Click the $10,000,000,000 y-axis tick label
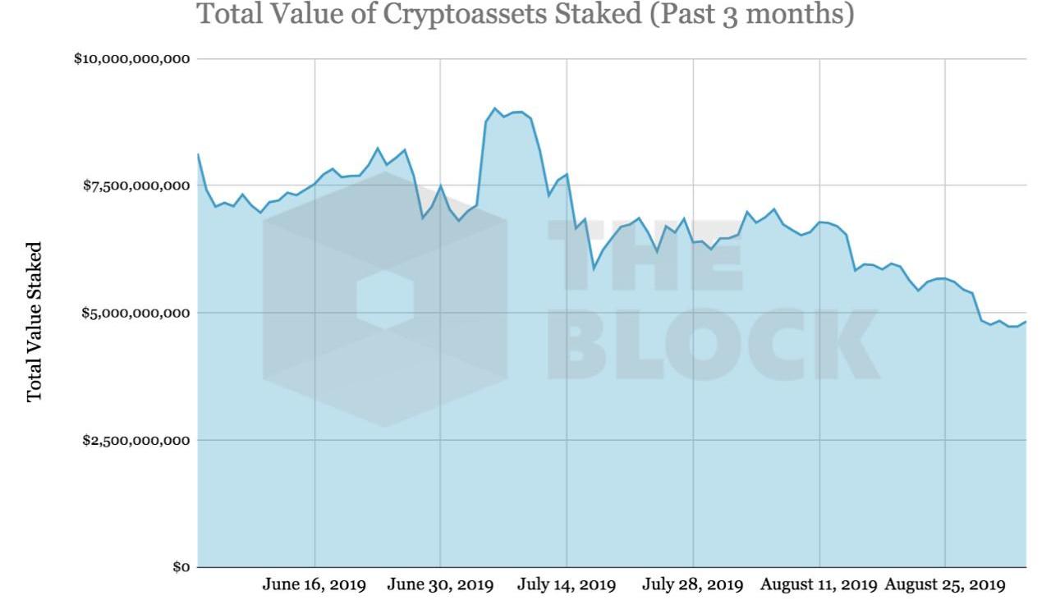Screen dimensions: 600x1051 (132, 59)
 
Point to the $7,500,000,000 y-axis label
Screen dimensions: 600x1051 (136, 186)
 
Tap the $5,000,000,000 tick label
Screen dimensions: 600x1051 (136, 314)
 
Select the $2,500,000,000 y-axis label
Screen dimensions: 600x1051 (136, 441)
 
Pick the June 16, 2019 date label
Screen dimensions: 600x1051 (314, 585)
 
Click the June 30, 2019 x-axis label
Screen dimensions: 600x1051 (440, 585)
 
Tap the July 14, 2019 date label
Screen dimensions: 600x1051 (567, 585)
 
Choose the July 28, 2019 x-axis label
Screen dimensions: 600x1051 (693, 585)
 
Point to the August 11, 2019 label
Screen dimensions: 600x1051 (819, 585)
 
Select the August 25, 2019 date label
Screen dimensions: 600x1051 (945, 585)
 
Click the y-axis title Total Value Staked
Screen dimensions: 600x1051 (34, 322)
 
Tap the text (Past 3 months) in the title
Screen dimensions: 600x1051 (751, 14)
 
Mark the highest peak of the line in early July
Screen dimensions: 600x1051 (494, 108)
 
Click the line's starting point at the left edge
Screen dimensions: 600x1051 (198, 154)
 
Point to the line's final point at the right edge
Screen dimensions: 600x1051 (1026, 322)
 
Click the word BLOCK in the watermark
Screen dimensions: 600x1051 (722, 346)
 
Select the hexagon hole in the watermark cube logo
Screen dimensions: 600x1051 (385, 300)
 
